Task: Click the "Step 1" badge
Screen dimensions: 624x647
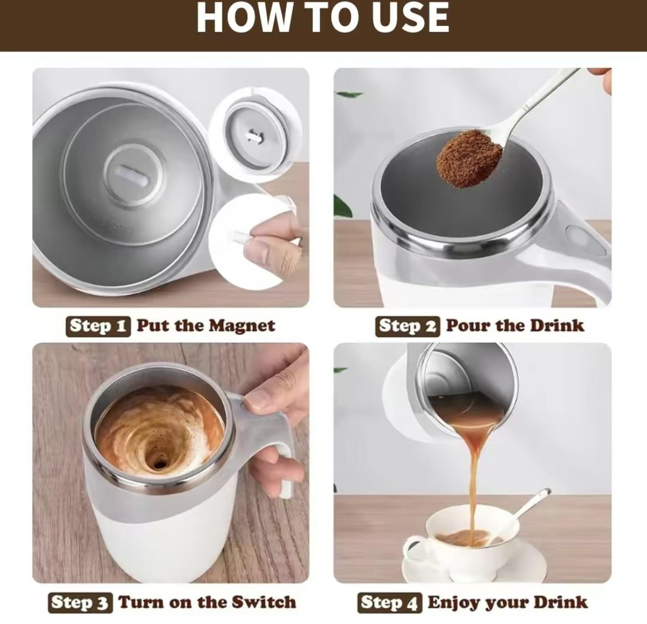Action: point(98,326)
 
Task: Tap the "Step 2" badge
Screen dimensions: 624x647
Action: point(408,326)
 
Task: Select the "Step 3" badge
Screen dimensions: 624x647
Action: point(81,602)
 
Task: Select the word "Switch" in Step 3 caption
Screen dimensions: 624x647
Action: point(263,602)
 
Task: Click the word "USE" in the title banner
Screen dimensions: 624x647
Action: point(410,18)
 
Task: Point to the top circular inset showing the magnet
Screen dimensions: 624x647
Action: point(255,134)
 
